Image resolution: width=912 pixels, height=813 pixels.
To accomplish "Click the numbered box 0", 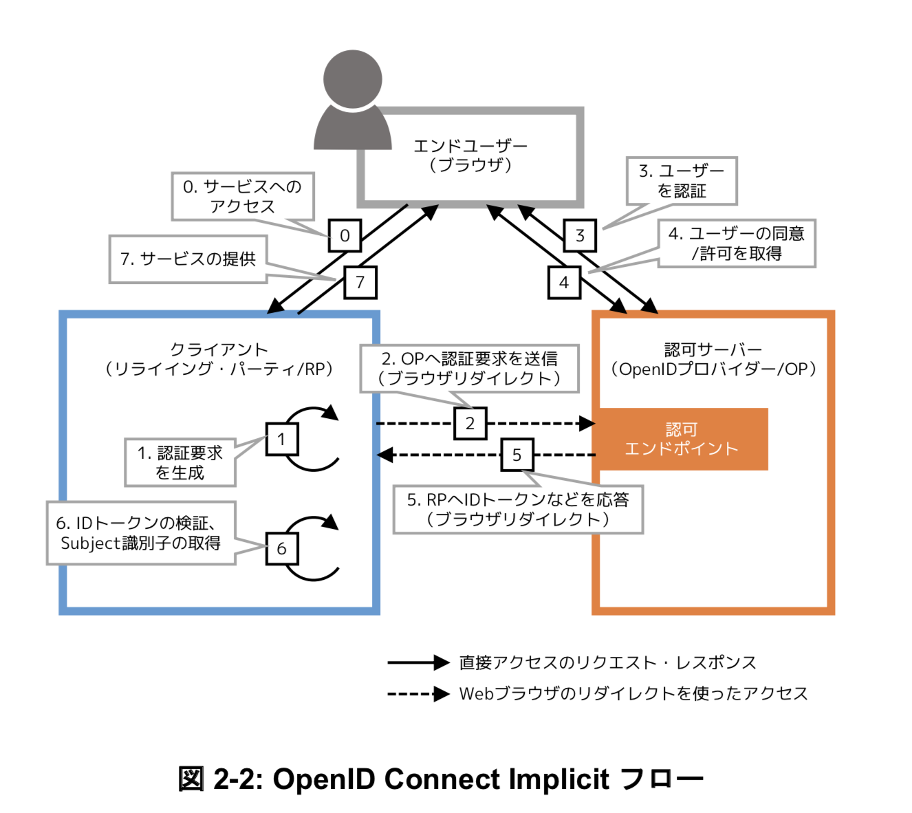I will click(x=345, y=236).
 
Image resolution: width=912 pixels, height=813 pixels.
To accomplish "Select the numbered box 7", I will click(x=360, y=282).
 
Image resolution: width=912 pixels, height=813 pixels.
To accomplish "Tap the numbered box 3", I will click(x=580, y=236).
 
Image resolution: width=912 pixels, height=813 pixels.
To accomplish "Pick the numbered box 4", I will click(x=564, y=283).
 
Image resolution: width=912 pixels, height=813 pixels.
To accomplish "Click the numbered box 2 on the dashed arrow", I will click(x=470, y=423).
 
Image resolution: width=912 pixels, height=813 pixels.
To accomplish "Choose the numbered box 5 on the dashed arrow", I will click(x=517, y=455).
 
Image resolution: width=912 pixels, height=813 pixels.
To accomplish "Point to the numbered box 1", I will click(x=281, y=439).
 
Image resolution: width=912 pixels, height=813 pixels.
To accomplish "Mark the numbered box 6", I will click(x=281, y=548).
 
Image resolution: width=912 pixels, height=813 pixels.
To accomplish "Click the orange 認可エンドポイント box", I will click(x=681, y=439).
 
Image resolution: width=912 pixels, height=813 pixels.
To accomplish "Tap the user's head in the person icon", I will click(x=353, y=78).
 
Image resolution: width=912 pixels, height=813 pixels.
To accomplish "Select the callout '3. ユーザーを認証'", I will click(x=682, y=181).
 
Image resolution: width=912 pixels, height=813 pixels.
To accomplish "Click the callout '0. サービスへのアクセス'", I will click(x=242, y=196).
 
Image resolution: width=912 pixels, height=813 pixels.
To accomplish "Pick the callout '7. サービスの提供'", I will click(x=188, y=259).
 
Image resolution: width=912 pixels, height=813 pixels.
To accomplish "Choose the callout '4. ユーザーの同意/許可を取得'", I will click(x=737, y=243).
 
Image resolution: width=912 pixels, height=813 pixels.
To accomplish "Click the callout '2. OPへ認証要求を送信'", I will click(x=469, y=369).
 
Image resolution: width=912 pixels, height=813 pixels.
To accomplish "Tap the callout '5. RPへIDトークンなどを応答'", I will click(x=517, y=509).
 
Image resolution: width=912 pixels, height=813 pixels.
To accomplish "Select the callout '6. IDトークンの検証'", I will click(x=141, y=533).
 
